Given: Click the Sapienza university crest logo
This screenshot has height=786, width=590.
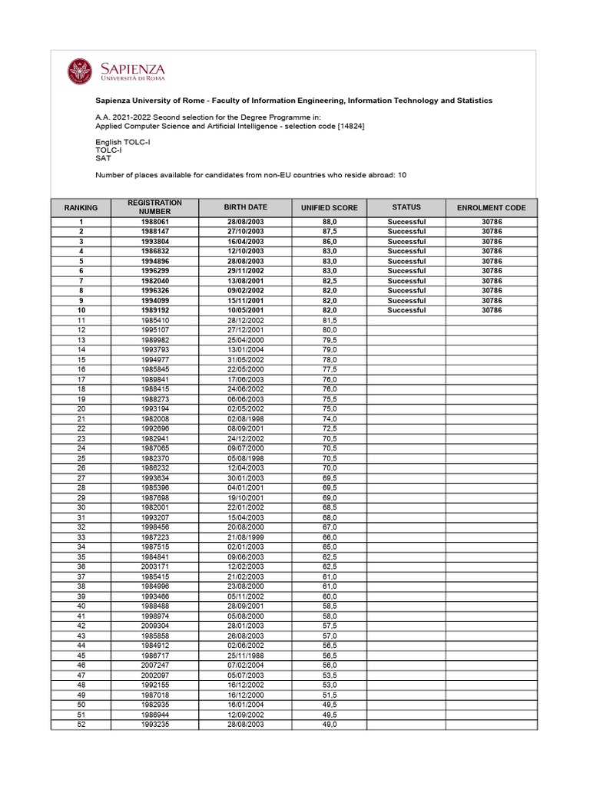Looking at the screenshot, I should point(80,72).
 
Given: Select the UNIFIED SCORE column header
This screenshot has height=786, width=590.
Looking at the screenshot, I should point(330,208).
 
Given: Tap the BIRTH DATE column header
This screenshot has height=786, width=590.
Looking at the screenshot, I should point(245,207).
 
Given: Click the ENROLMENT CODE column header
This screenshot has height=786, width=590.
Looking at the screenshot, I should point(491,208).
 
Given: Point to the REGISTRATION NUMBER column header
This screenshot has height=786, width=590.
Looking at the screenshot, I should point(154,207).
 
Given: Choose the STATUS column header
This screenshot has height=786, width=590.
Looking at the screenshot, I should point(406,207).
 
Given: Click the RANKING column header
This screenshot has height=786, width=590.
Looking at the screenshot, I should point(81,208).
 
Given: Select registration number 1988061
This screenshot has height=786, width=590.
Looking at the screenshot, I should point(154,222).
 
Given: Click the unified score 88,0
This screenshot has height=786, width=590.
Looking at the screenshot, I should point(330,222).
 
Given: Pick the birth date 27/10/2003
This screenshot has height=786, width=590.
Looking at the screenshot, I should point(245,232).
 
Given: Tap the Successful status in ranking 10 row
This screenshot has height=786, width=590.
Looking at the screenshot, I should point(406,311).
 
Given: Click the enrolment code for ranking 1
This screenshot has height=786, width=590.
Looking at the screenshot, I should point(491,222).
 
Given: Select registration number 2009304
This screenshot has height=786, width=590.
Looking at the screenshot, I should point(154,626).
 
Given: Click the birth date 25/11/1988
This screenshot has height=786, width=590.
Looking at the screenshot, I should point(245,656).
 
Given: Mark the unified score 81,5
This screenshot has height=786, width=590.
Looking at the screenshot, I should point(330,320).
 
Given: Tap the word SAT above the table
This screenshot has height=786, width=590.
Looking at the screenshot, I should point(103,159).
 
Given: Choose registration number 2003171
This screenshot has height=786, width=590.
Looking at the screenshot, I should point(154,566).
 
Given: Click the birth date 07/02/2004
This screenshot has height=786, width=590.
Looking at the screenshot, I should point(245,665).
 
